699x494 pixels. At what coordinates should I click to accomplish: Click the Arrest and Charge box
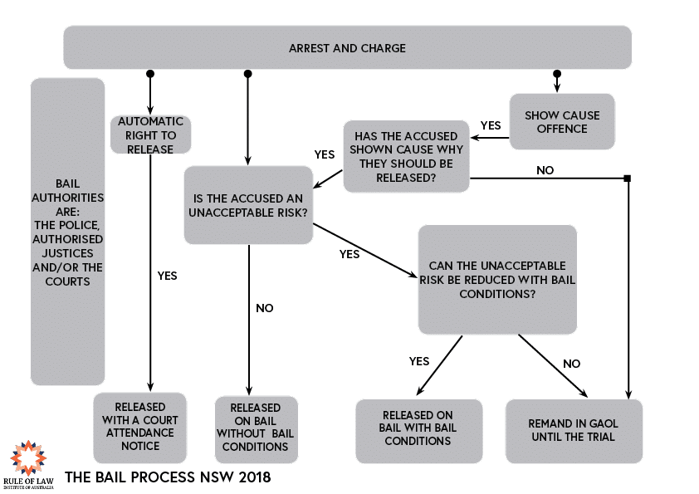tap(347, 48)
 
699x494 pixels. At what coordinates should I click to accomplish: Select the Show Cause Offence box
tap(562, 122)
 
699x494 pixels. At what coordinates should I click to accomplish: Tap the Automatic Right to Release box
tap(150, 135)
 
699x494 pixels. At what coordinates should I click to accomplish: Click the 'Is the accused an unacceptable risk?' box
tap(249, 205)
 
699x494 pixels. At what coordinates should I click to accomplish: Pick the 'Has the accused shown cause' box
tap(406, 156)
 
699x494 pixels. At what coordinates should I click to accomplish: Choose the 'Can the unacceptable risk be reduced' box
tap(496, 279)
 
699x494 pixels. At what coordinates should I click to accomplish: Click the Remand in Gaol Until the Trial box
tap(574, 430)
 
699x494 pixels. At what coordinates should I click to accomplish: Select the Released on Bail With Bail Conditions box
tap(418, 430)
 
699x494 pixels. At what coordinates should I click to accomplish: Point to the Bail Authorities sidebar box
tap(68, 231)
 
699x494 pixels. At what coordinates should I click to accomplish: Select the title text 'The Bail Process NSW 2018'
tap(168, 478)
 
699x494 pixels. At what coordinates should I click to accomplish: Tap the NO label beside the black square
tap(545, 170)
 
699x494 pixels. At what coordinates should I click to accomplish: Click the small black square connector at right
tap(628, 179)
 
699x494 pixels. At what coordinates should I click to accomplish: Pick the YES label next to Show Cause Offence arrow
tap(491, 125)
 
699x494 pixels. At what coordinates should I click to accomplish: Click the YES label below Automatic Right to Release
tap(167, 276)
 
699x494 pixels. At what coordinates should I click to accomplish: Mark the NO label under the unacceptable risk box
tap(264, 308)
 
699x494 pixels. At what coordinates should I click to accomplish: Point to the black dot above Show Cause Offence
tap(557, 74)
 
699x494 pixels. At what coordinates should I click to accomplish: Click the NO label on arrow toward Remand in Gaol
tap(572, 364)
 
